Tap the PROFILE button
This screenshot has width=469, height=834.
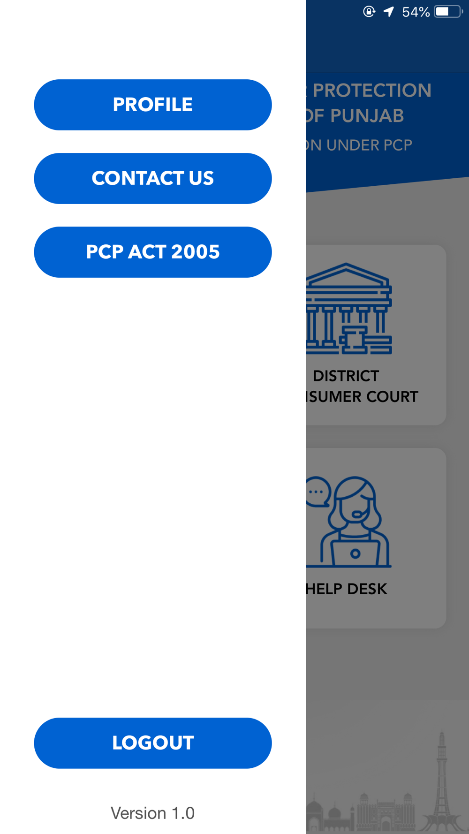pos(153,105)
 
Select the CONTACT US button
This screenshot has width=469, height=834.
pos(153,178)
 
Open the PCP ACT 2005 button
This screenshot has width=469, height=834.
pos(153,252)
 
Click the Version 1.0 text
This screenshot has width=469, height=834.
pos(152,813)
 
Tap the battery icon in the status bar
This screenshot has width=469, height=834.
pos(447,11)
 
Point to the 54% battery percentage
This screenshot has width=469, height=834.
pos(416,12)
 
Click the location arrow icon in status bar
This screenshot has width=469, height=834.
pos(389,11)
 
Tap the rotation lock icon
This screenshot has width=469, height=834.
pos(369,11)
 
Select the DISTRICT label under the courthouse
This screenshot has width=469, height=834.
pos(346,376)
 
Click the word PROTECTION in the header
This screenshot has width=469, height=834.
pos(371,91)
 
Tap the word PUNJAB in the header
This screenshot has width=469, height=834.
pos(367,116)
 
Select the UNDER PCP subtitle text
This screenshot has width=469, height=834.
pos(369,145)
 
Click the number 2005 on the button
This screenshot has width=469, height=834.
pos(195,252)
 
